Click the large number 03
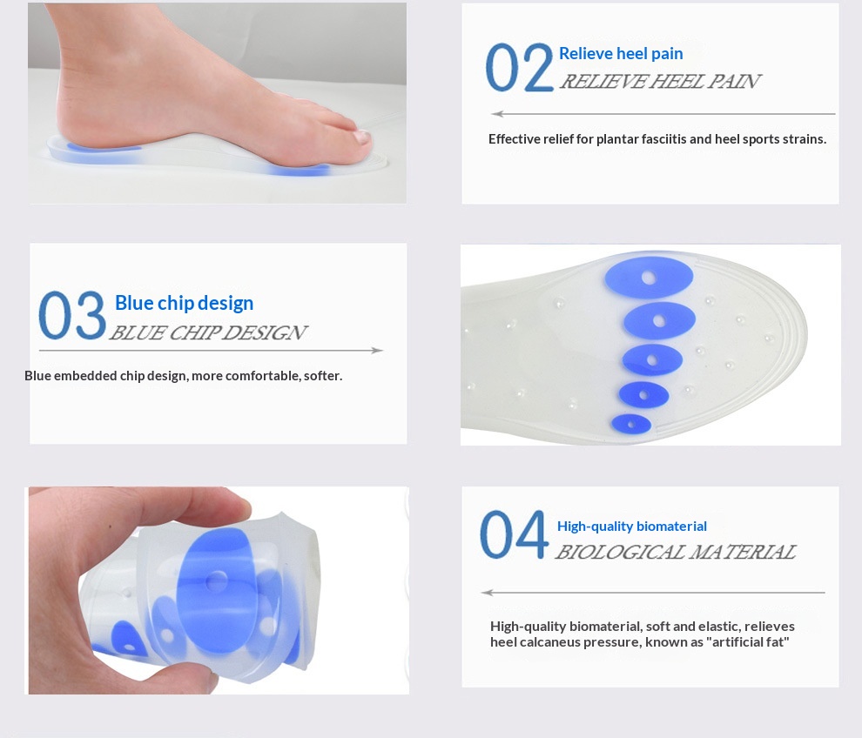(72, 315)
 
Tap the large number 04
(514, 534)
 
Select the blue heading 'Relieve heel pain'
(621, 53)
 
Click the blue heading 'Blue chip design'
(185, 303)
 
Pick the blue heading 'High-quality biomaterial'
(631, 526)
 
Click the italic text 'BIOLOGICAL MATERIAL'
(676, 552)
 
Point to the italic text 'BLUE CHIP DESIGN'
(208, 332)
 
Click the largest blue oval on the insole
(649, 278)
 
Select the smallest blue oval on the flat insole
(631, 424)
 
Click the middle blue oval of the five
(652, 360)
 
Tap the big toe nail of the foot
(361, 137)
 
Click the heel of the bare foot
(74, 118)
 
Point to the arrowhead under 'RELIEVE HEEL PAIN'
(497, 114)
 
